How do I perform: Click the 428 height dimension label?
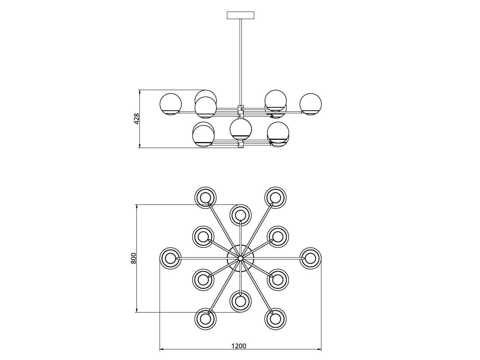(x=136, y=119)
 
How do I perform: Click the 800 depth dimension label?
(x=133, y=258)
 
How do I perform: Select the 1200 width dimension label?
(x=239, y=346)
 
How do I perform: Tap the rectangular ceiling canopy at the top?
(x=240, y=15)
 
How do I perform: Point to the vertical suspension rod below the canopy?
(x=240, y=62)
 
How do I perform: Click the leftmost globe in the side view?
(x=170, y=104)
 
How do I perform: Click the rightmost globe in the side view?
(x=311, y=104)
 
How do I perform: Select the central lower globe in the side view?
(x=240, y=129)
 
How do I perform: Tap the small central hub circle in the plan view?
(x=240, y=258)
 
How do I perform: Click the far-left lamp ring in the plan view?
(x=170, y=258)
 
